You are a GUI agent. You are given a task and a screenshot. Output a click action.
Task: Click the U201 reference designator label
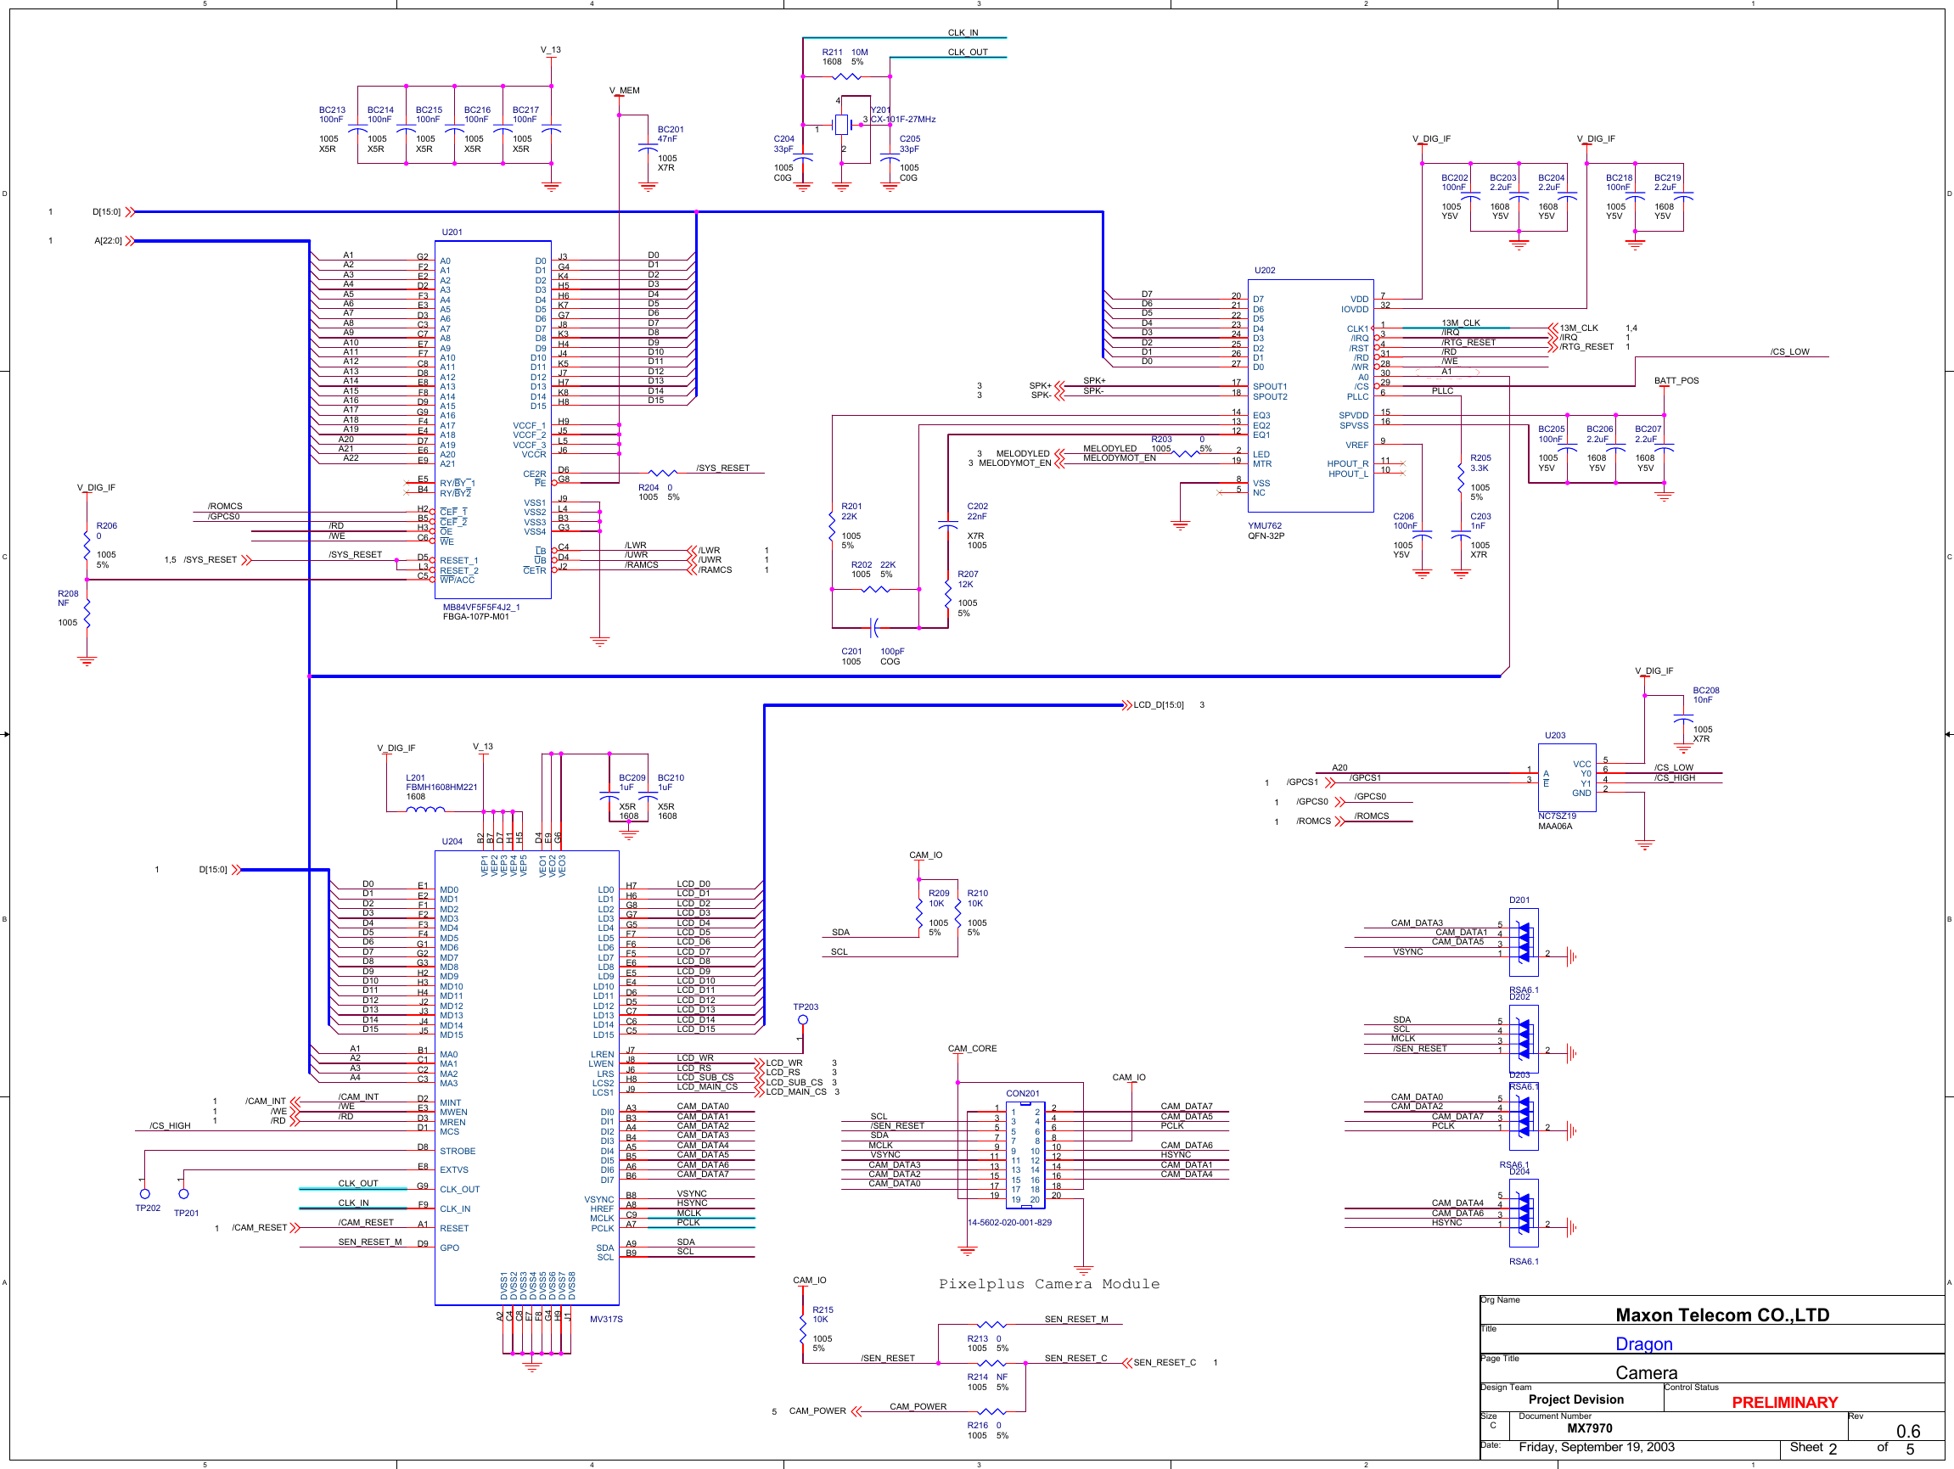tap(452, 233)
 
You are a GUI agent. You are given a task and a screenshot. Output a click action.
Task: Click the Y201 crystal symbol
tap(841, 126)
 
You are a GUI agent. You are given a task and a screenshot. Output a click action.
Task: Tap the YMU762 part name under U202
tap(1265, 525)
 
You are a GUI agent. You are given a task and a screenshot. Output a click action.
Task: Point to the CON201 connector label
tap(1022, 1094)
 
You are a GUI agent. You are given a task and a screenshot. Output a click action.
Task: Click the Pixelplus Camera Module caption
tap(1048, 1283)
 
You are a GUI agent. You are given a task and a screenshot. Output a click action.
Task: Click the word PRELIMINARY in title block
tap(1784, 1402)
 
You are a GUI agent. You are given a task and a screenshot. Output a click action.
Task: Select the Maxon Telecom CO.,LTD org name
tap(1721, 1315)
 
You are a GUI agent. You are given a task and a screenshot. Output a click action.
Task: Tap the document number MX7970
tap(1589, 1427)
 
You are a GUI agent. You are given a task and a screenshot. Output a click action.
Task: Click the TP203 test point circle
tap(802, 1020)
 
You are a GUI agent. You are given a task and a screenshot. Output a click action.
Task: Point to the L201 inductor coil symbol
tap(425, 809)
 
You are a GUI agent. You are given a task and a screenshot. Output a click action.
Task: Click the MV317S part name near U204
tap(606, 1319)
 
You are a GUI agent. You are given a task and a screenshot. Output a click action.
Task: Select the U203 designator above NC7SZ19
tap(1555, 735)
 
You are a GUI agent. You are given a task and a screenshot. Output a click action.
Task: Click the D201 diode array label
tap(1519, 900)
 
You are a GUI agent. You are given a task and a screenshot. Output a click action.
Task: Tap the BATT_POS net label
tap(1676, 381)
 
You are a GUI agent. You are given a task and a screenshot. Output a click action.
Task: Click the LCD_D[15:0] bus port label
tap(1158, 705)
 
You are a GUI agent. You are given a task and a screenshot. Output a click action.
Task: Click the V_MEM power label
tap(624, 90)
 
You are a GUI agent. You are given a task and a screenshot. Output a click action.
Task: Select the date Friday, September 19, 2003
tap(1597, 1447)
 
